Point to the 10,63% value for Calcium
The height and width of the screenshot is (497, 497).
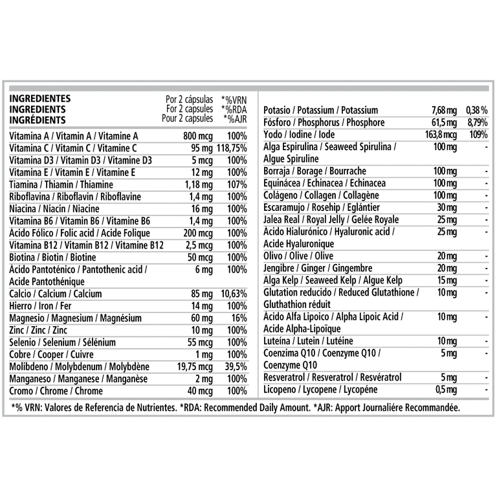233,294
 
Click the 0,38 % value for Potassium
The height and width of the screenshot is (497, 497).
477,111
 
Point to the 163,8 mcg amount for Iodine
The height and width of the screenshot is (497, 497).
441,135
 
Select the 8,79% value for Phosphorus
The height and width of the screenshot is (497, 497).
478,123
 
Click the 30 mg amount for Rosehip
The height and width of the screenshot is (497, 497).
445,207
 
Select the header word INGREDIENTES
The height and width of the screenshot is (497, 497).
40,99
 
